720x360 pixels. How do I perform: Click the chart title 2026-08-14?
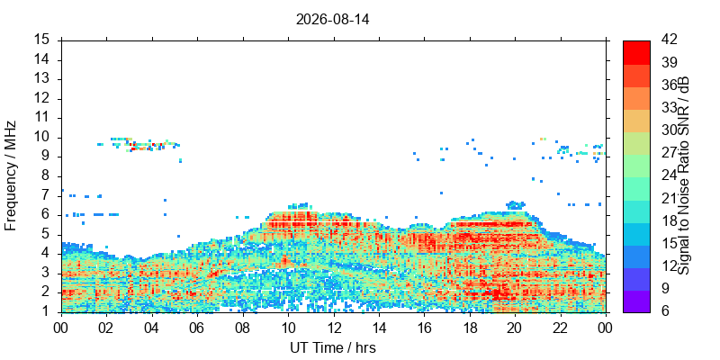332,20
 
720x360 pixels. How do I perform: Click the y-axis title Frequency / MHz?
10,175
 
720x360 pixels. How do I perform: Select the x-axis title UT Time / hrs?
333,347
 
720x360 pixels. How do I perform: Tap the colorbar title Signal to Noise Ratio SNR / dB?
684,175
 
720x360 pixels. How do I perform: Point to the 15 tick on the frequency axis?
47,40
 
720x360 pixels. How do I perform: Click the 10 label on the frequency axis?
47,138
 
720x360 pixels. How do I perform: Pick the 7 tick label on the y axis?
49,195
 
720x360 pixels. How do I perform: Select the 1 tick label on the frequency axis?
49,311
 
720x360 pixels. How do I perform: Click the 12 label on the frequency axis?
47,99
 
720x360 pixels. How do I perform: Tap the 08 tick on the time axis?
243,328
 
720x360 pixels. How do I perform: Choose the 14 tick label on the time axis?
379,328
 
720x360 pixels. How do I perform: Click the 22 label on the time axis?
560,328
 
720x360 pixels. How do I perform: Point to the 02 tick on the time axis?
106,328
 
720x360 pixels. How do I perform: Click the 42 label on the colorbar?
669,40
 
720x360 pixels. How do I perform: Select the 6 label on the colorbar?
666,310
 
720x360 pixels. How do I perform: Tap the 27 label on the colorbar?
669,153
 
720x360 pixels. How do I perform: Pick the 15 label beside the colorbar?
669,243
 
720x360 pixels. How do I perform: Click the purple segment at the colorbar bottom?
636,301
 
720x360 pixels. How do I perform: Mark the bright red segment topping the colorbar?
636,52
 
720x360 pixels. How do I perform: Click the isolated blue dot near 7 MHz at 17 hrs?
441,193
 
